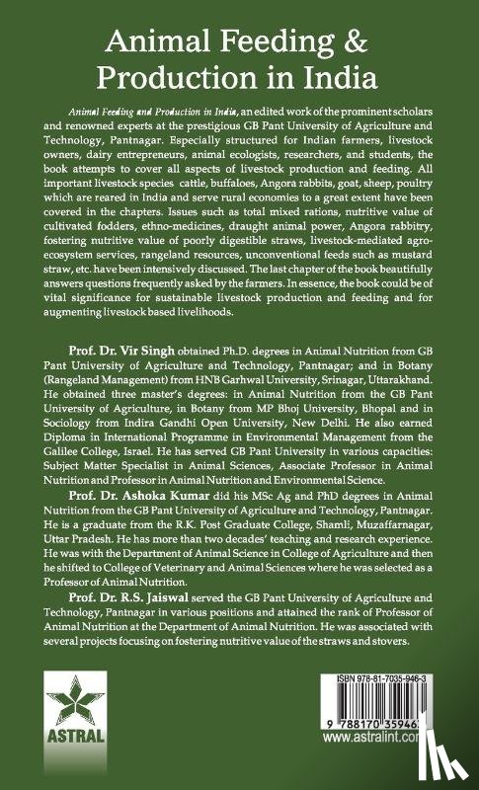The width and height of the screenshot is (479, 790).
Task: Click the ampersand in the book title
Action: (378, 39)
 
